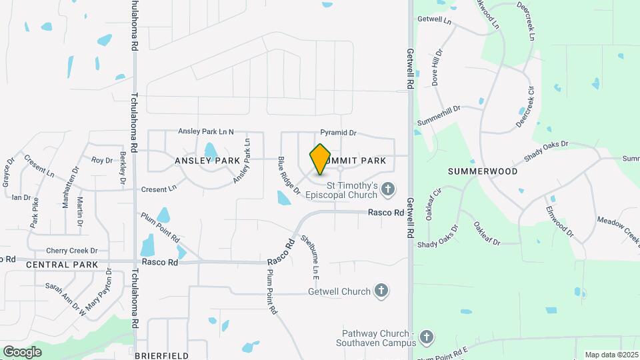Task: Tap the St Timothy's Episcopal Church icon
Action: tap(387, 191)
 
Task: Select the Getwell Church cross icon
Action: tap(381, 291)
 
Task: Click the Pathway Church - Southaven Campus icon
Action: tap(426, 337)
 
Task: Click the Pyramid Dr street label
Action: tap(338, 133)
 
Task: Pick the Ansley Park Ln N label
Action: tap(206, 132)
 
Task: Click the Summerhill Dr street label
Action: tap(439, 116)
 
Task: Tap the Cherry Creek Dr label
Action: tap(72, 251)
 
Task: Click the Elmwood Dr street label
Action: tap(559, 221)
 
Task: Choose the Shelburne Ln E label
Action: tap(311, 257)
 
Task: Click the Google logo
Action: tap(22, 351)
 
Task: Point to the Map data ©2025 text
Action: tap(611, 355)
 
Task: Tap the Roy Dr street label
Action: tap(102, 160)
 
